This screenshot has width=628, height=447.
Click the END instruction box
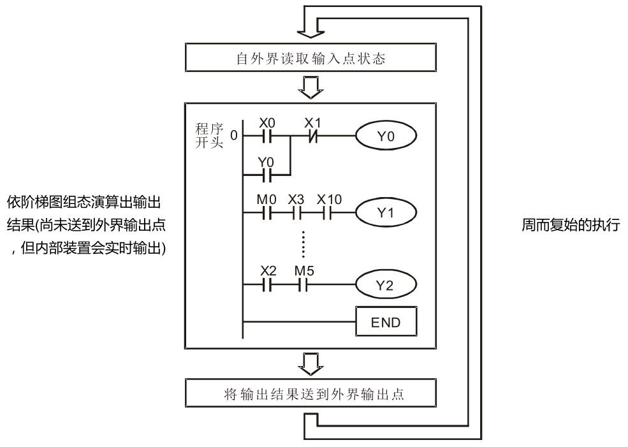pos(386,321)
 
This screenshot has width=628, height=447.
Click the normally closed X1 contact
pos(310,136)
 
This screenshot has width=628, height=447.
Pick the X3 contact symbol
pos(296,211)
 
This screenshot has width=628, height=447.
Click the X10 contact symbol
pos(328,211)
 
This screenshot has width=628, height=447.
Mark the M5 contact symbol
pos(302,283)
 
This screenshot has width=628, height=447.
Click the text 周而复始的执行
pos(570,227)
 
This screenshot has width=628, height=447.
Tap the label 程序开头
pos(209,135)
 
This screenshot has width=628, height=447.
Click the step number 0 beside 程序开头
pos(233,136)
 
